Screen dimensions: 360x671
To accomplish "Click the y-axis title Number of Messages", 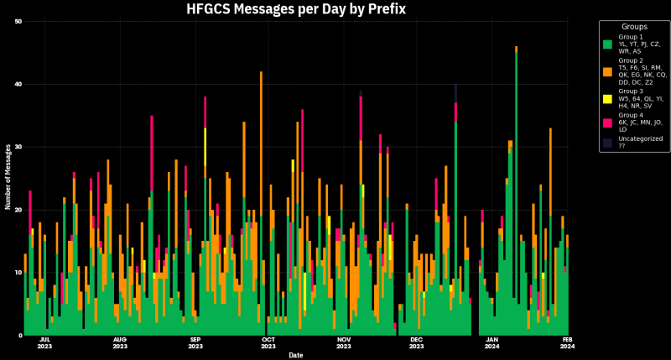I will pyautogui.click(x=8, y=177).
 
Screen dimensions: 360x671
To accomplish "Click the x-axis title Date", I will pyautogui.click(x=296, y=355).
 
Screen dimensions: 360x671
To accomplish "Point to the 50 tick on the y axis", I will pyautogui.click(x=18, y=21).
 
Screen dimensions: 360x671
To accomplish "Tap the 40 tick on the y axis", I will pyautogui.click(x=18, y=84).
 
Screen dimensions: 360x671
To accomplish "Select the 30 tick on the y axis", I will pyautogui.click(x=18, y=147).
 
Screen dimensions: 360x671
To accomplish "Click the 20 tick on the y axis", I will pyautogui.click(x=18, y=210).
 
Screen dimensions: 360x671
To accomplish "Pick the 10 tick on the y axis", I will pyautogui.click(x=18, y=273).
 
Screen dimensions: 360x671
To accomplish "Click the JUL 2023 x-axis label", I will pyautogui.click(x=45, y=343).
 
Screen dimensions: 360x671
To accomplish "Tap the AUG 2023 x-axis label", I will pyautogui.click(x=120, y=343).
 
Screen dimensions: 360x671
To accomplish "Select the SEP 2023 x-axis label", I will pyautogui.click(x=195, y=343).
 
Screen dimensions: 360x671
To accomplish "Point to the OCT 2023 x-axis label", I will pyautogui.click(x=268, y=343).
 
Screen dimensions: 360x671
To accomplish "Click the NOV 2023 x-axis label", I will pyautogui.click(x=344, y=343).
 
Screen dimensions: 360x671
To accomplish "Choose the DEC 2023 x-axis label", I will pyautogui.click(x=417, y=343).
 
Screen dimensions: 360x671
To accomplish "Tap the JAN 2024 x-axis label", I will pyautogui.click(x=492, y=343).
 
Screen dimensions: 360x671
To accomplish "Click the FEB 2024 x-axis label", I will pyautogui.click(x=568, y=343).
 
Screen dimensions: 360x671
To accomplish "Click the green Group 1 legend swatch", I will pyautogui.click(x=607, y=43).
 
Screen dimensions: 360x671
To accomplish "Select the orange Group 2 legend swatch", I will pyautogui.click(x=607, y=73).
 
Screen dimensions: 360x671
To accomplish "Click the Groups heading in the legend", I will pyautogui.click(x=634, y=27).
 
